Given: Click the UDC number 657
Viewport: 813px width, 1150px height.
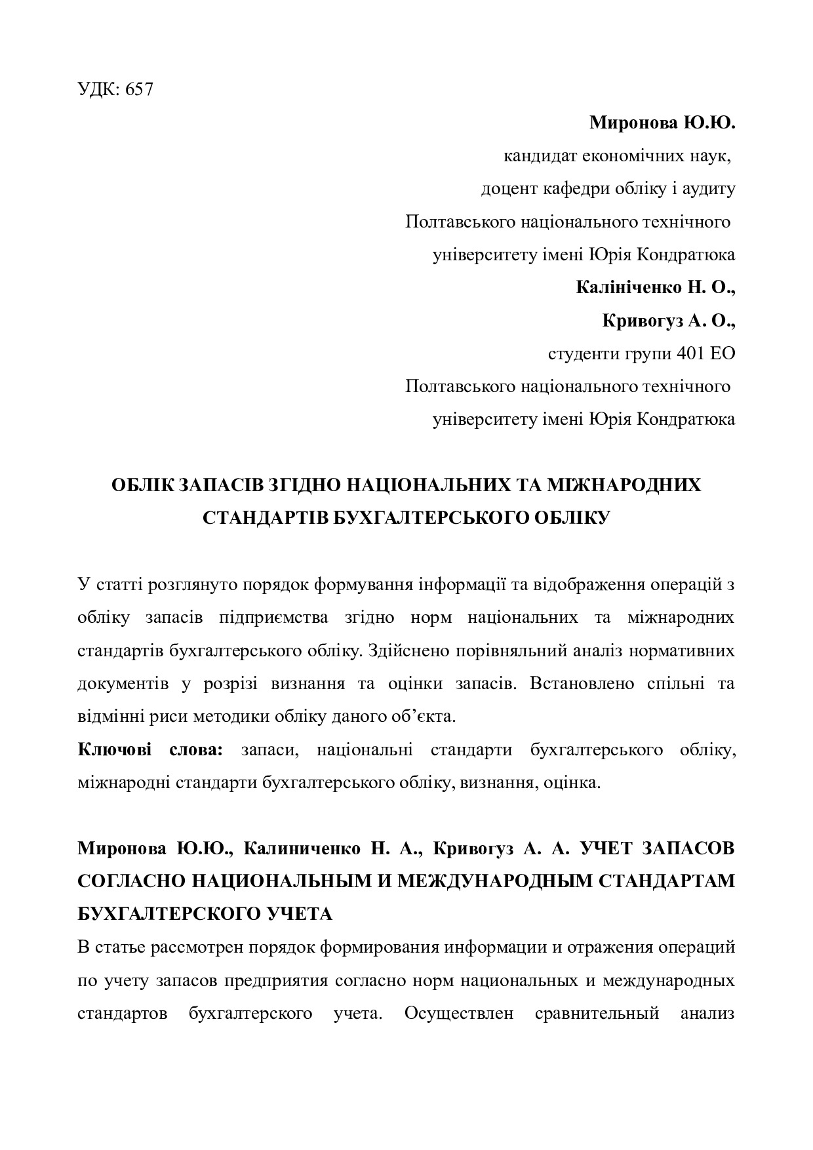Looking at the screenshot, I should (x=139, y=90).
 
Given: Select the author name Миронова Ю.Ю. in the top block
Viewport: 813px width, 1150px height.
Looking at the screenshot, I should (x=662, y=123).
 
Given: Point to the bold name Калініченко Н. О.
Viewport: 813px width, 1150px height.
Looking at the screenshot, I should (x=655, y=287).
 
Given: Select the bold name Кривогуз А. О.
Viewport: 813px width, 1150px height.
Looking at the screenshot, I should (x=668, y=320).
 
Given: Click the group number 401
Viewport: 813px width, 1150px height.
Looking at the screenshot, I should (x=690, y=353).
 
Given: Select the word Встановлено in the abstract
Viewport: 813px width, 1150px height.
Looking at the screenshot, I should (x=582, y=683).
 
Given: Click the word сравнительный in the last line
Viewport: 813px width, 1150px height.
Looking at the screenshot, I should (x=597, y=1014).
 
